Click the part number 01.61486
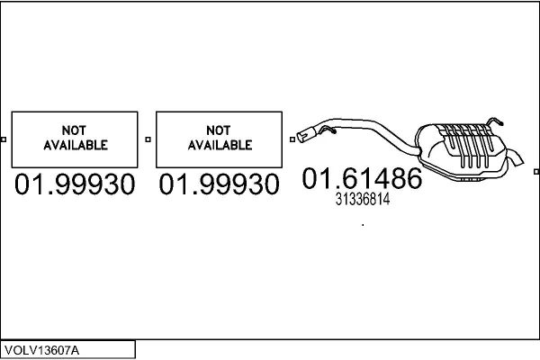362,178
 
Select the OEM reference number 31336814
363,199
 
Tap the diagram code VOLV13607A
41,350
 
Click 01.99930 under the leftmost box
75,184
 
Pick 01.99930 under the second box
219,184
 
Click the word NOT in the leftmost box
74,130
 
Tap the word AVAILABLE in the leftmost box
76,145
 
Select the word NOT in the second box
219,130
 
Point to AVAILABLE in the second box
220,145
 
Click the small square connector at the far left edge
4,139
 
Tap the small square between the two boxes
148,139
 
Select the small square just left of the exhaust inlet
292,139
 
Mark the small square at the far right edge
536,172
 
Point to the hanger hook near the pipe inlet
328,130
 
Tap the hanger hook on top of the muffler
495,121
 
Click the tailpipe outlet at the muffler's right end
516,158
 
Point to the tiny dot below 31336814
363,225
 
